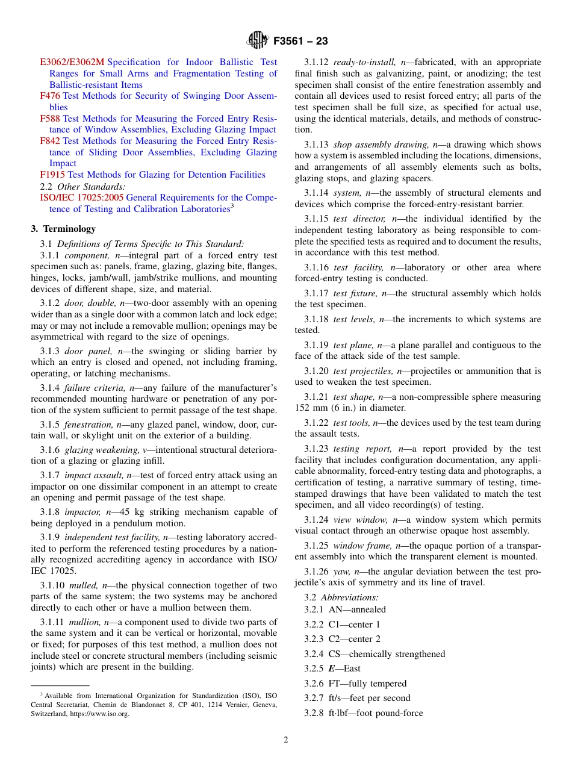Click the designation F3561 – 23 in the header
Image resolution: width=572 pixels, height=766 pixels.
[300, 42]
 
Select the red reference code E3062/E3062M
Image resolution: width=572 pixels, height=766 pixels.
[72, 62]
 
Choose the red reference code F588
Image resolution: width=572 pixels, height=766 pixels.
[50, 119]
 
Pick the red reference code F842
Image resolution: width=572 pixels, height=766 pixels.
[50, 141]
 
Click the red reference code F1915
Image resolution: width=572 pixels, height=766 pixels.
[52, 175]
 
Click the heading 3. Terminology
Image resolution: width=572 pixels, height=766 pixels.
[63, 229]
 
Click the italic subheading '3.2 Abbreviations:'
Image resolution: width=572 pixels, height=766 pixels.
[341, 597]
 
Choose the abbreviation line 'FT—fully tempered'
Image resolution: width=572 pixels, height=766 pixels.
[367, 683]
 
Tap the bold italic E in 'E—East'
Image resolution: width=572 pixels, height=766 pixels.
[332, 668]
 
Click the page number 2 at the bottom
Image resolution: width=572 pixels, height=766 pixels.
[286, 740]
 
